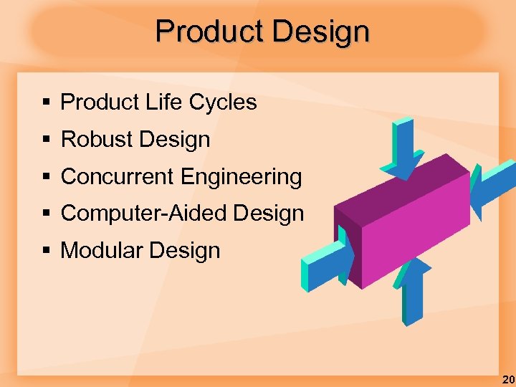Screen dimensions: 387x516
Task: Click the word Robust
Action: click(95, 140)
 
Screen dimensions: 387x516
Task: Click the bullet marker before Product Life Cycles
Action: click(46, 103)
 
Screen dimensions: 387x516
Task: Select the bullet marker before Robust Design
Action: click(46, 140)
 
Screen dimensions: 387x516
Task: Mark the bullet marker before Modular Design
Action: click(46, 252)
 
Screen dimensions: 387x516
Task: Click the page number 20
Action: click(507, 379)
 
